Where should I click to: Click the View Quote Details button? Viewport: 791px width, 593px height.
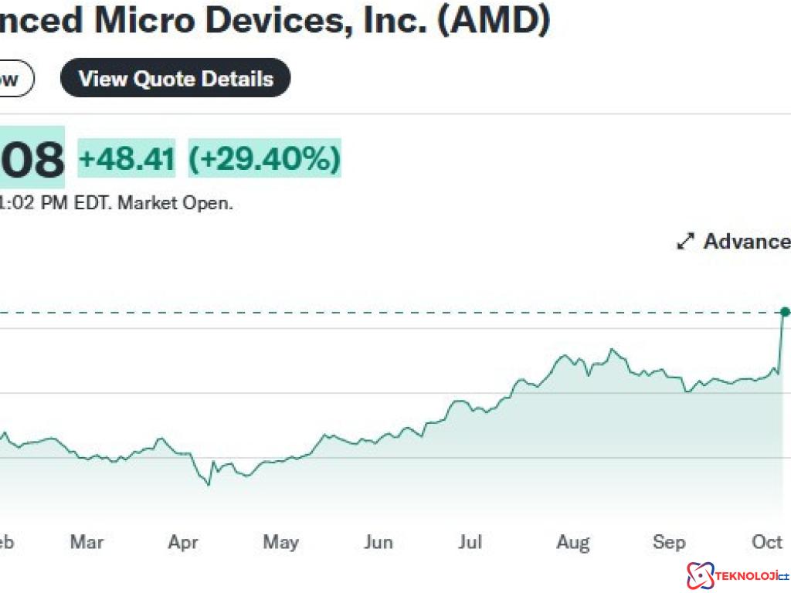(x=175, y=79)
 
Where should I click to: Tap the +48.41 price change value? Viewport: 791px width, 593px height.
(x=127, y=159)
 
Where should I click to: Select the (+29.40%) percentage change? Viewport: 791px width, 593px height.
(x=264, y=159)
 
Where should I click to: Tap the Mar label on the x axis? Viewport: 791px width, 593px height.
(x=87, y=542)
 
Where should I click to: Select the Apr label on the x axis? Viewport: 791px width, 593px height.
(x=183, y=542)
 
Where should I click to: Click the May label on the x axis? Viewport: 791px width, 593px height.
(x=280, y=542)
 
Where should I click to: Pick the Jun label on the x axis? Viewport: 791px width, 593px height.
(x=378, y=542)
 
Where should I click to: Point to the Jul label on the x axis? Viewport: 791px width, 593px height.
(x=470, y=542)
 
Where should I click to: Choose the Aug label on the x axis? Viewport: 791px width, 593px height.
(x=573, y=542)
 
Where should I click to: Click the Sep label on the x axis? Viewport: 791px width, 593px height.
(x=669, y=542)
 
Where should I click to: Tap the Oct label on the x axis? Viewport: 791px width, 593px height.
(x=767, y=542)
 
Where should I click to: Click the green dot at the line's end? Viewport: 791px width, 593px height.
(x=785, y=312)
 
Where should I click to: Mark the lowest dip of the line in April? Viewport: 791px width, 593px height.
(x=208, y=485)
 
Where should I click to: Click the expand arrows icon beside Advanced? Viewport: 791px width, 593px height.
(x=685, y=242)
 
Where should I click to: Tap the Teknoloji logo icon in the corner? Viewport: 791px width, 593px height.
(x=700, y=575)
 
